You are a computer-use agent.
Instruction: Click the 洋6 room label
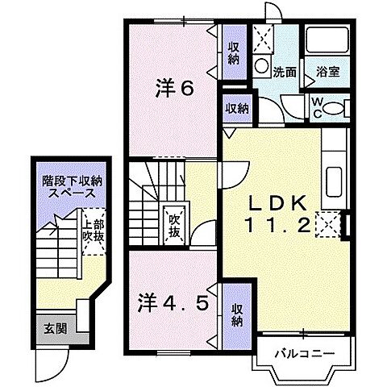click(x=175, y=89)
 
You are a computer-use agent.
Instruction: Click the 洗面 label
click(x=284, y=72)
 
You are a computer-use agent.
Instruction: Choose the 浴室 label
click(x=327, y=72)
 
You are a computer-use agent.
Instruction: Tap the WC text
click(x=316, y=106)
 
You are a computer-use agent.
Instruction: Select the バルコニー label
click(x=298, y=352)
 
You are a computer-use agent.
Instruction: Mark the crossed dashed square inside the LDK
click(x=327, y=223)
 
